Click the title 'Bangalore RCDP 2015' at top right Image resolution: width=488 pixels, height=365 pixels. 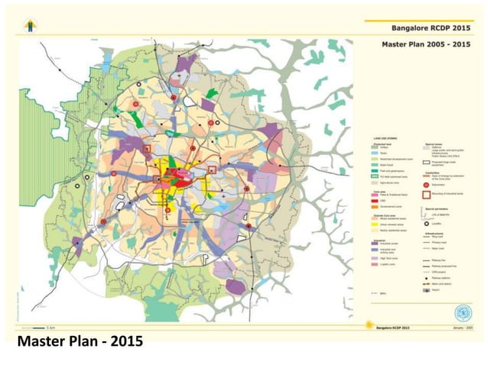tap(429, 27)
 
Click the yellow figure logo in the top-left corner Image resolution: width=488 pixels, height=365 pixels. tap(30, 26)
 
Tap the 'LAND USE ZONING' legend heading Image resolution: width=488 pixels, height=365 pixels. tap(384, 137)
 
